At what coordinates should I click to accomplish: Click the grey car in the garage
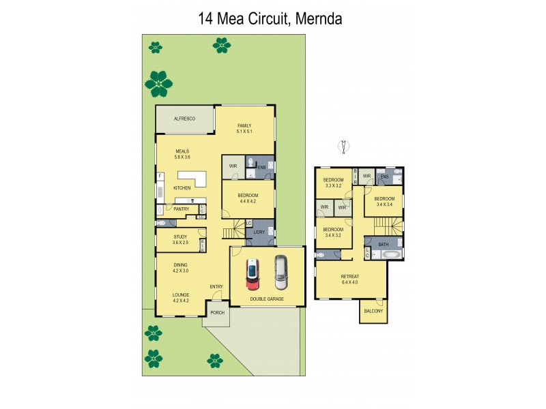click(281, 272)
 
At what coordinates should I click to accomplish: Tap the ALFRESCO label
click(184, 119)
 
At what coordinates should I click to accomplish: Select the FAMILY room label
click(244, 125)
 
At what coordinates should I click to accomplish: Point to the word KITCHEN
click(181, 187)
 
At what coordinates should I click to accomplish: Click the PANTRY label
click(181, 209)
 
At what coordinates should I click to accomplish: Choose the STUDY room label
click(180, 237)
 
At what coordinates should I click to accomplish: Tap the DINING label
click(180, 264)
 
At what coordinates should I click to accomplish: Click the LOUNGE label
click(180, 294)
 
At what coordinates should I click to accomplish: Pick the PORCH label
click(217, 313)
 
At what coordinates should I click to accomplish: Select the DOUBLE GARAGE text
click(267, 299)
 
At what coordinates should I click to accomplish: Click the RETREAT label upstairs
click(349, 275)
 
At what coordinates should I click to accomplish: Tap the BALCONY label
click(373, 312)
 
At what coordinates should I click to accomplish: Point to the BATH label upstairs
click(383, 244)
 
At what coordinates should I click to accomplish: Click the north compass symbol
click(344, 146)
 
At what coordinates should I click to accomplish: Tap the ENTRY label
click(216, 286)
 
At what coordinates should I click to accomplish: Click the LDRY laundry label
click(259, 232)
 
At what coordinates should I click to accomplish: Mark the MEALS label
click(182, 151)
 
